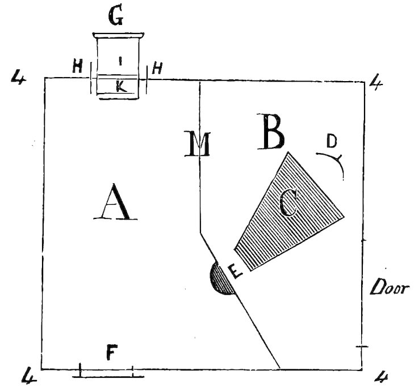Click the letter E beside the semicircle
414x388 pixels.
click(236, 272)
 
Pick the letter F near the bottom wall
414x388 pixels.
click(112, 353)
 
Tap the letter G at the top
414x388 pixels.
click(117, 18)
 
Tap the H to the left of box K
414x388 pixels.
click(78, 68)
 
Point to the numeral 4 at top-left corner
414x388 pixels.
click(19, 78)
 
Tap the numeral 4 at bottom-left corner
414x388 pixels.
click(27, 375)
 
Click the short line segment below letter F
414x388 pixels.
click(108, 376)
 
